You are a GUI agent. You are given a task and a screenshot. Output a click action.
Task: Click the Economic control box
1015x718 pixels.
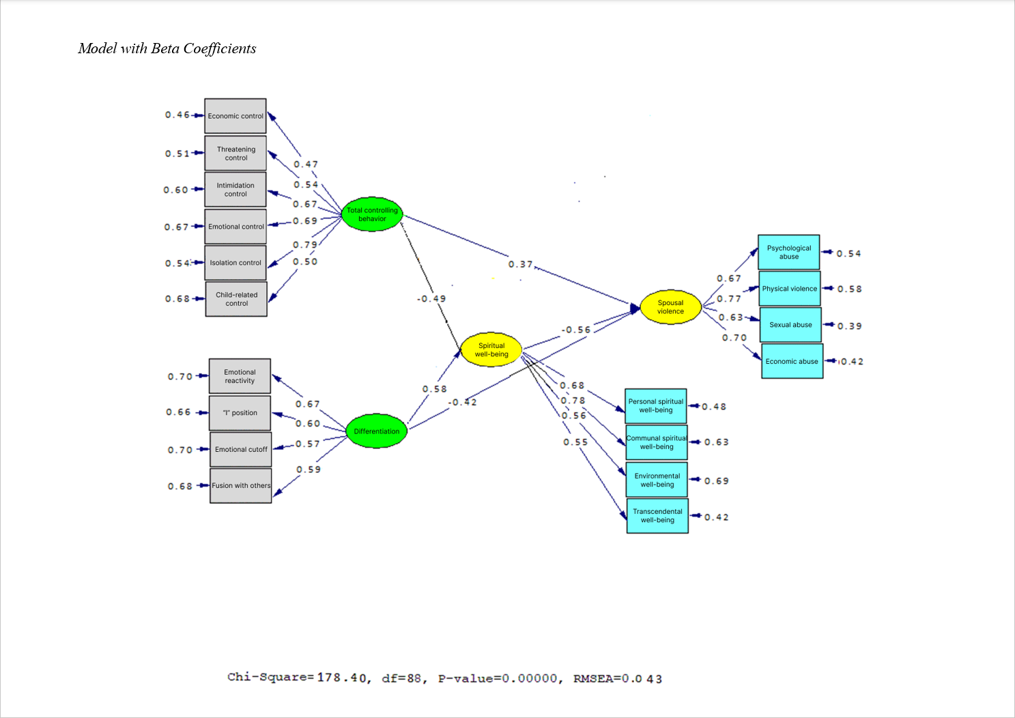click(235, 116)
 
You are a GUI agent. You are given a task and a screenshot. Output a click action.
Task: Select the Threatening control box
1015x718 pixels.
click(235, 153)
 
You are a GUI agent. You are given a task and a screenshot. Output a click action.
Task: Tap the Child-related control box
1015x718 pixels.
click(236, 299)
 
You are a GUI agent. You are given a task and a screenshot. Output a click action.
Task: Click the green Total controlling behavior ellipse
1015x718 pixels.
click(372, 214)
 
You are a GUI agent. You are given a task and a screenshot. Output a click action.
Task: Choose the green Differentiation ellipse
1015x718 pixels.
click(377, 431)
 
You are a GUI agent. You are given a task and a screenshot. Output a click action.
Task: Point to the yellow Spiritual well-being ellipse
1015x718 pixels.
click(491, 350)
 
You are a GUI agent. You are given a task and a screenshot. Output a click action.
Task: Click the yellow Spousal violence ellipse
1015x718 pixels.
click(670, 307)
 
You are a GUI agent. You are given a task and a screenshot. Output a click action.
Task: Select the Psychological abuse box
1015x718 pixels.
click(788, 253)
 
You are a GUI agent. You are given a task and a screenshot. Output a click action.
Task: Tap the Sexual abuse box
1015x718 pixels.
click(790, 325)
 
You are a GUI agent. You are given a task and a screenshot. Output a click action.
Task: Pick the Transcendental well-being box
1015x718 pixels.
click(657, 516)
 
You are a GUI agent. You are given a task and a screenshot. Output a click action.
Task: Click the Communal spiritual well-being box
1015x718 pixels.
click(657, 442)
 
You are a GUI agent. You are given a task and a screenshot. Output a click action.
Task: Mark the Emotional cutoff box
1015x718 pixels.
click(241, 449)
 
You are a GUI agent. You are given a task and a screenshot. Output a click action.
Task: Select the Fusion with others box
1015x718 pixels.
click(241, 486)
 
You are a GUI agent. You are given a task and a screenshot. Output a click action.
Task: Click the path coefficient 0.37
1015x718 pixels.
click(520, 264)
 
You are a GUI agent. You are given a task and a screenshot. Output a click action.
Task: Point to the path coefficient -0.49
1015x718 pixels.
click(431, 299)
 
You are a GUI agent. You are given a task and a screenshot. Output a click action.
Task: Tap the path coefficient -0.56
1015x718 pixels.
click(576, 330)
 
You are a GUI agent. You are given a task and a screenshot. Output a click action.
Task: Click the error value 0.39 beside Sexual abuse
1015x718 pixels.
click(849, 326)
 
